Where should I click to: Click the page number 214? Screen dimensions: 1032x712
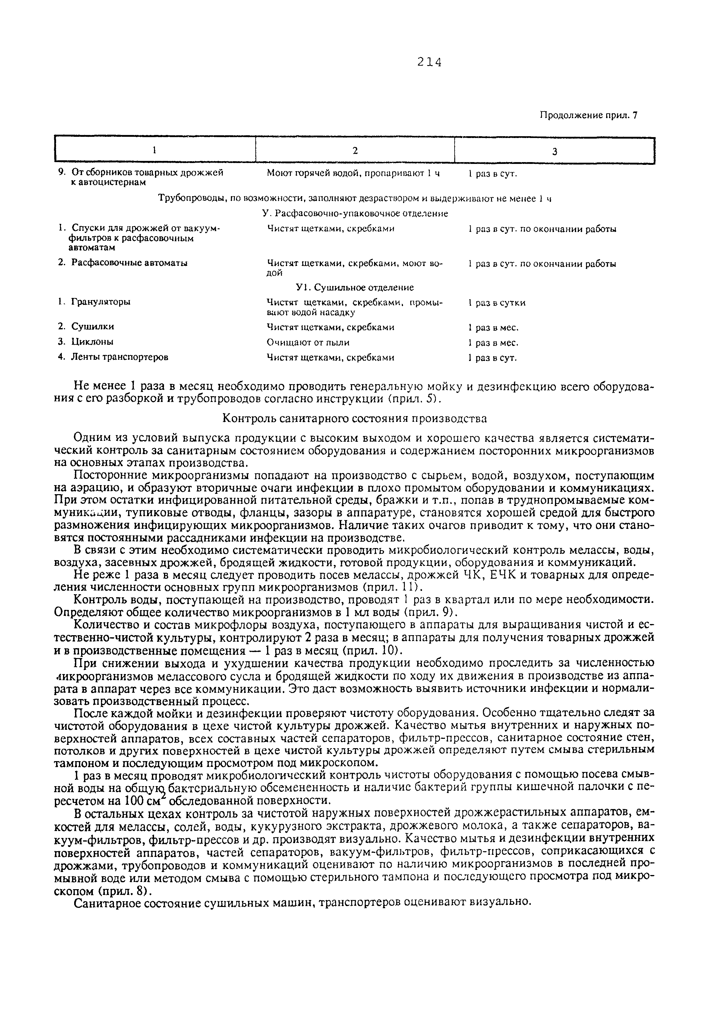point(429,62)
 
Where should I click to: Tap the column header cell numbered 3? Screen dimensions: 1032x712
point(555,152)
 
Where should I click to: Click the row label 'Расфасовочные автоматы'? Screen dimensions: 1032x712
point(129,263)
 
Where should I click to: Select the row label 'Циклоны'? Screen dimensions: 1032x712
point(92,342)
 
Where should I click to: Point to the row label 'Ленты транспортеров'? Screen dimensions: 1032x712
point(120,357)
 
